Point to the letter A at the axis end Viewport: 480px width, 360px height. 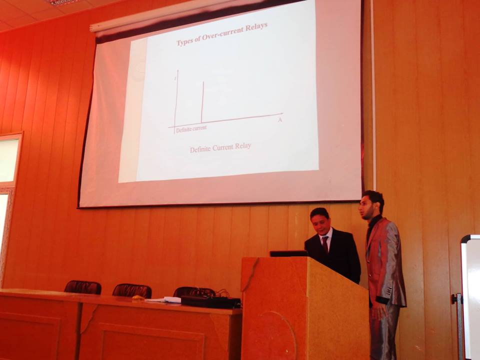(x=280, y=120)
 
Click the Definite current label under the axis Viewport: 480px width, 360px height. (x=191, y=128)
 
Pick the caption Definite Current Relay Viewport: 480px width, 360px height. (x=220, y=147)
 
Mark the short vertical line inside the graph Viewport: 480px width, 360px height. (x=202, y=102)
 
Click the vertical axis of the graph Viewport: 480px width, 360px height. (x=176, y=102)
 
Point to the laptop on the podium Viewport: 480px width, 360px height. (x=288, y=253)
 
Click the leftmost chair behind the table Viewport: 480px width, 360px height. (x=83, y=287)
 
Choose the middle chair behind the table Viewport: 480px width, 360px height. (x=132, y=290)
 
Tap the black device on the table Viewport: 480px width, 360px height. (x=210, y=302)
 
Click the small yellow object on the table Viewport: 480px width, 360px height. (x=138, y=297)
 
